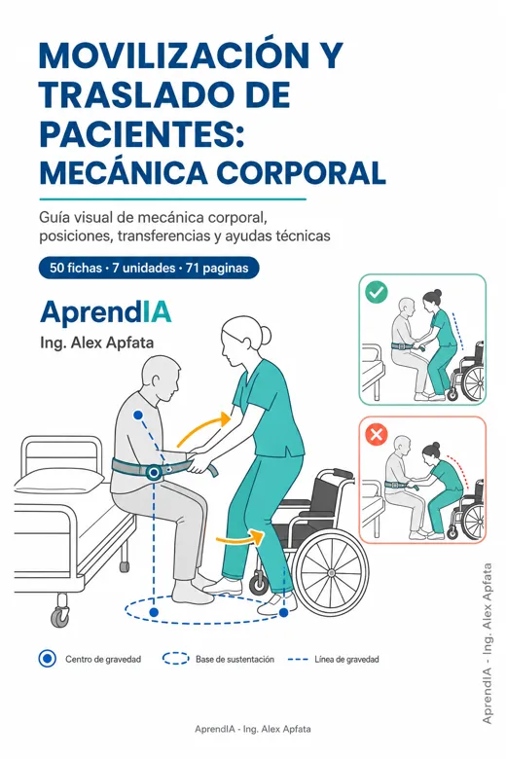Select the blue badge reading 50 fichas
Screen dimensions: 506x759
pyautogui.click(x=149, y=268)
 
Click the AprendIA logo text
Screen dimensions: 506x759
pyautogui.click(x=106, y=312)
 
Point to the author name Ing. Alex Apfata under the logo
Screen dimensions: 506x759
pyautogui.click(x=97, y=343)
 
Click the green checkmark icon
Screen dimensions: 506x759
pyautogui.click(x=377, y=292)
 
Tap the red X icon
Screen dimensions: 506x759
pyautogui.click(x=377, y=434)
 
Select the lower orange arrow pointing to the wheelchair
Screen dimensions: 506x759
pyautogui.click(x=240, y=537)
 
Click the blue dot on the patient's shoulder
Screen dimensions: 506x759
pyautogui.click(x=138, y=415)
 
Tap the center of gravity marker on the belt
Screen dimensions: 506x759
pyautogui.click(x=155, y=473)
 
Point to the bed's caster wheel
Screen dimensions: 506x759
pyautogui.click(x=60, y=616)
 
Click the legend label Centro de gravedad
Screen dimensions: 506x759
pyautogui.click(x=103, y=660)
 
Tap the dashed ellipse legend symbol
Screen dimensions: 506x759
pyautogui.click(x=176, y=660)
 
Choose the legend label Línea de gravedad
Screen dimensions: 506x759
pyautogui.click(x=346, y=660)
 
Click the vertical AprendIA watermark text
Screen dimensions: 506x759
pyautogui.click(x=488, y=643)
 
